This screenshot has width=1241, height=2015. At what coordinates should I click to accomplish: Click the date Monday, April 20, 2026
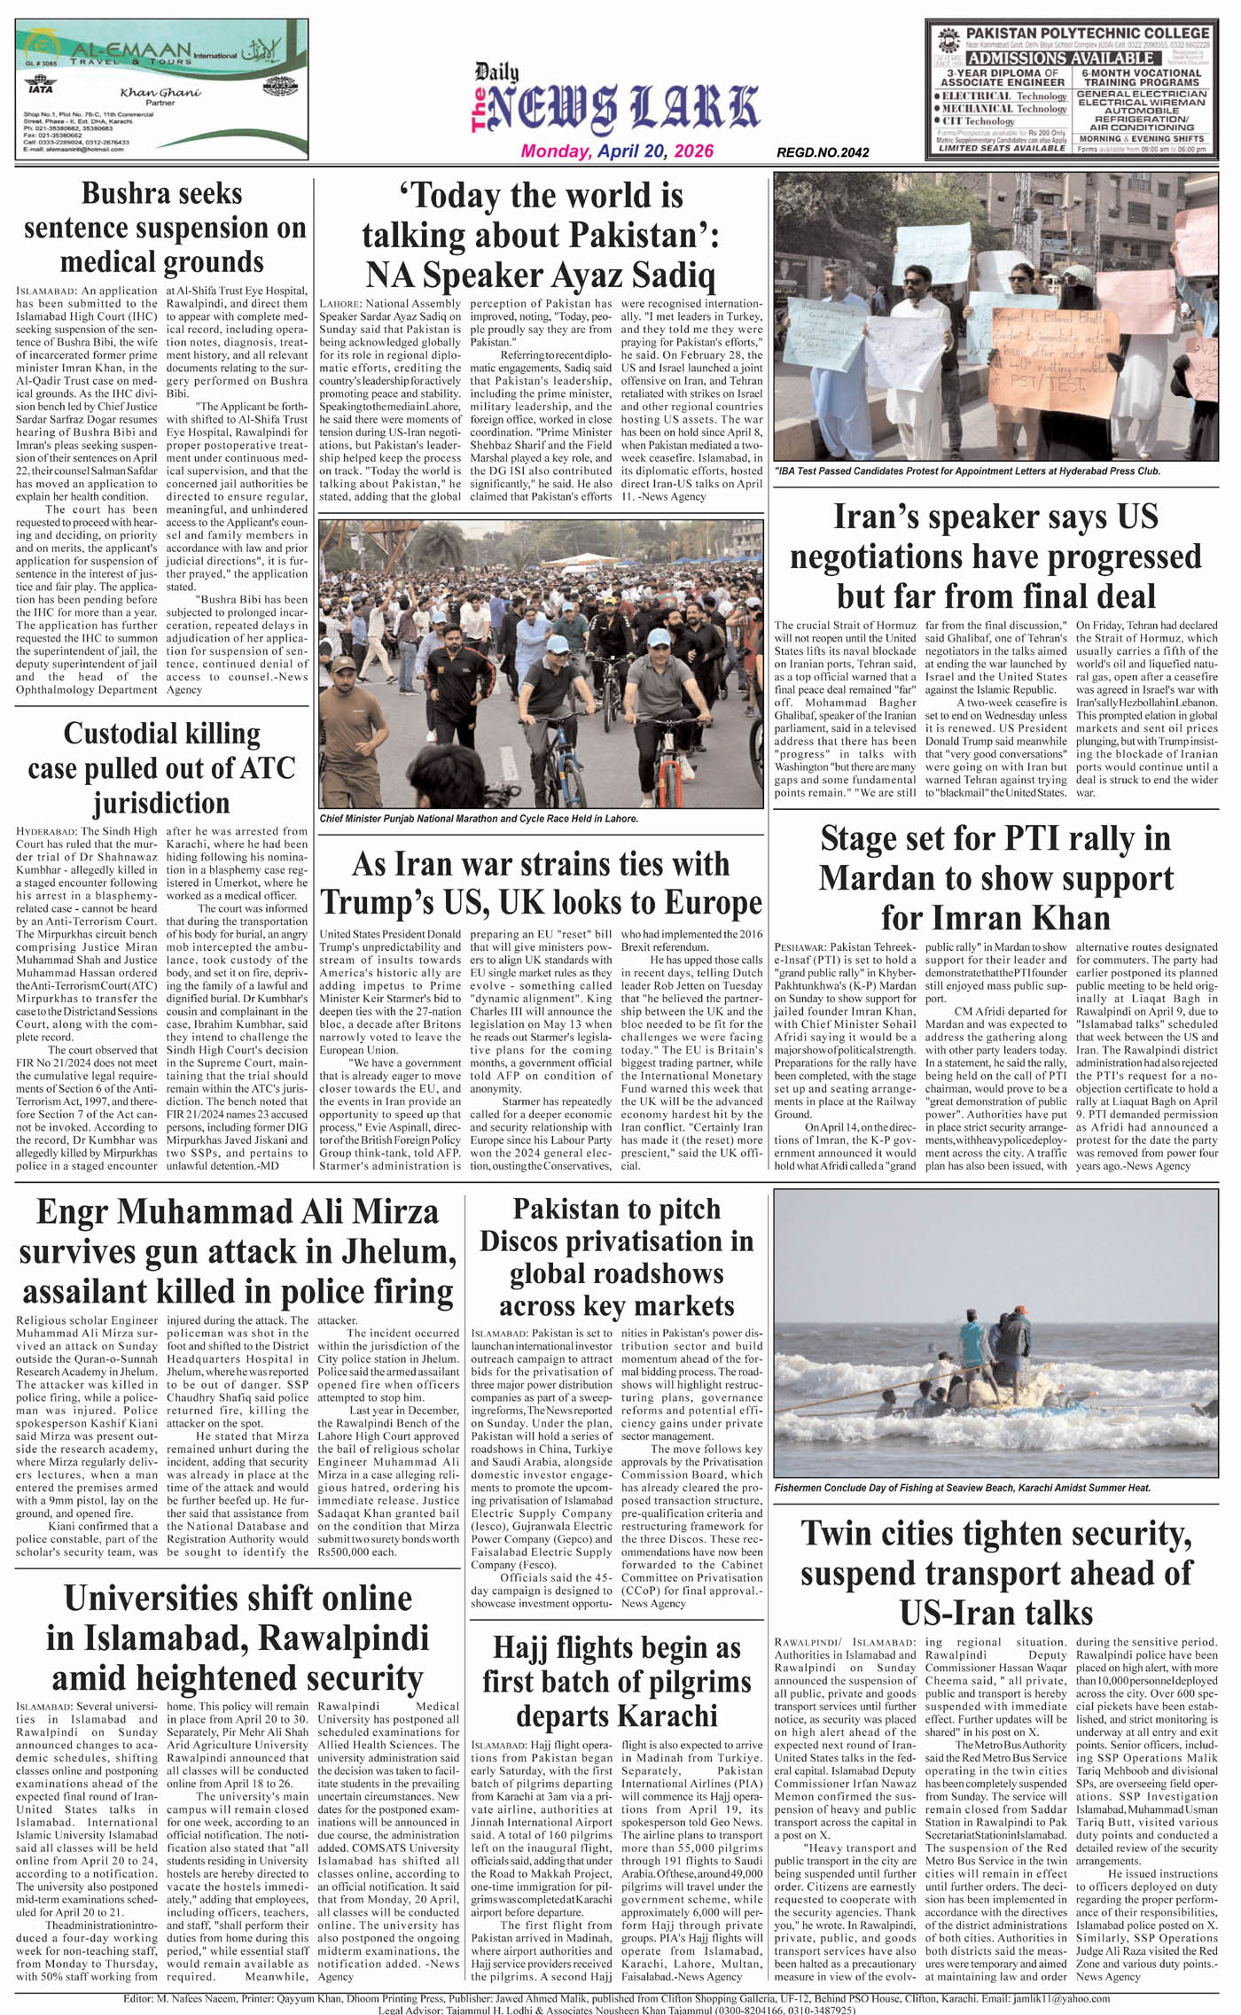(x=617, y=152)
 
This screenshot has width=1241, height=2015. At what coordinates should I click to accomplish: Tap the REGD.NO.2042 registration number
(x=822, y=152)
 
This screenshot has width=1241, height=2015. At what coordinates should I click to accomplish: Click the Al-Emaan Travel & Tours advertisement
(x=162, y=89)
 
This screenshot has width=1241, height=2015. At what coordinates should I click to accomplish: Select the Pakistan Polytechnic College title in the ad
(x=1087, y=33)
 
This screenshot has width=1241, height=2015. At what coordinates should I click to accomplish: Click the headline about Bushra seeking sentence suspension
(x=162, y=228)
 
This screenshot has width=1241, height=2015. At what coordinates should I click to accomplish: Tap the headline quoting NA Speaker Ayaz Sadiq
(x=541, y=235)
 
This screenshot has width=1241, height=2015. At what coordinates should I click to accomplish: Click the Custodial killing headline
(x=162, y=767)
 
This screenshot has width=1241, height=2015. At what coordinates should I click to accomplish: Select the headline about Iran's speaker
(x=995, y=556)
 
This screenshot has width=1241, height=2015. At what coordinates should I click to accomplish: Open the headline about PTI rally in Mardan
(x=995, y=877)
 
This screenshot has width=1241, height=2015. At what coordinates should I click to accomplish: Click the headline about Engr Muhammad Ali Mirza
(x=238, y=1251)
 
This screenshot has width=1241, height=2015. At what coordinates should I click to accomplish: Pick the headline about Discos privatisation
(x=617, y=1257)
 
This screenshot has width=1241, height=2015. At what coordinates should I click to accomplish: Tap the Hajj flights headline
(x=617, y=1681)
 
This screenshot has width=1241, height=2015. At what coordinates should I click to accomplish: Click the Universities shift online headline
(x=238, y=1638)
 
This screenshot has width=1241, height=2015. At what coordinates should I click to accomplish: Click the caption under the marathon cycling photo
(x=479, y=819)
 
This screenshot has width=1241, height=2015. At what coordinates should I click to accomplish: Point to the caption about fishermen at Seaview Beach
(x=963, y=1488)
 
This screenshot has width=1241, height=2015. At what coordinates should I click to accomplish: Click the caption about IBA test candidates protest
(x=967, y=471)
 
